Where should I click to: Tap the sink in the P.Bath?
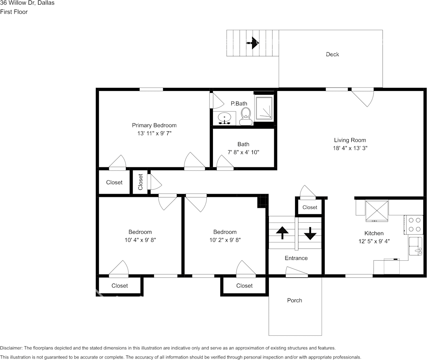(224, 118)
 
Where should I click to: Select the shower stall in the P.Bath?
(264, 108)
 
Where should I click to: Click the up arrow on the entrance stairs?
(282, 232)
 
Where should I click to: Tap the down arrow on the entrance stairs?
(310, 233)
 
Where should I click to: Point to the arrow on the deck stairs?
(252, 43)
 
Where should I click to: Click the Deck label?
(332, 54)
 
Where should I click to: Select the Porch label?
(294, 300)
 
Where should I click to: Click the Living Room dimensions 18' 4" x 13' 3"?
(350, 148)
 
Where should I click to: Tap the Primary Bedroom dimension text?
(154, 133)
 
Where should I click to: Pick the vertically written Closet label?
(140, 182)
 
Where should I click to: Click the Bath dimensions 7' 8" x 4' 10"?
(243, 152)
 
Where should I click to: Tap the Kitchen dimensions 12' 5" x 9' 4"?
(374, 241)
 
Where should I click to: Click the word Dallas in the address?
(46, 3)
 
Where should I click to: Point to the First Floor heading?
(14, 12)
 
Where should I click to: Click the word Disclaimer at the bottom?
(11, 348)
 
